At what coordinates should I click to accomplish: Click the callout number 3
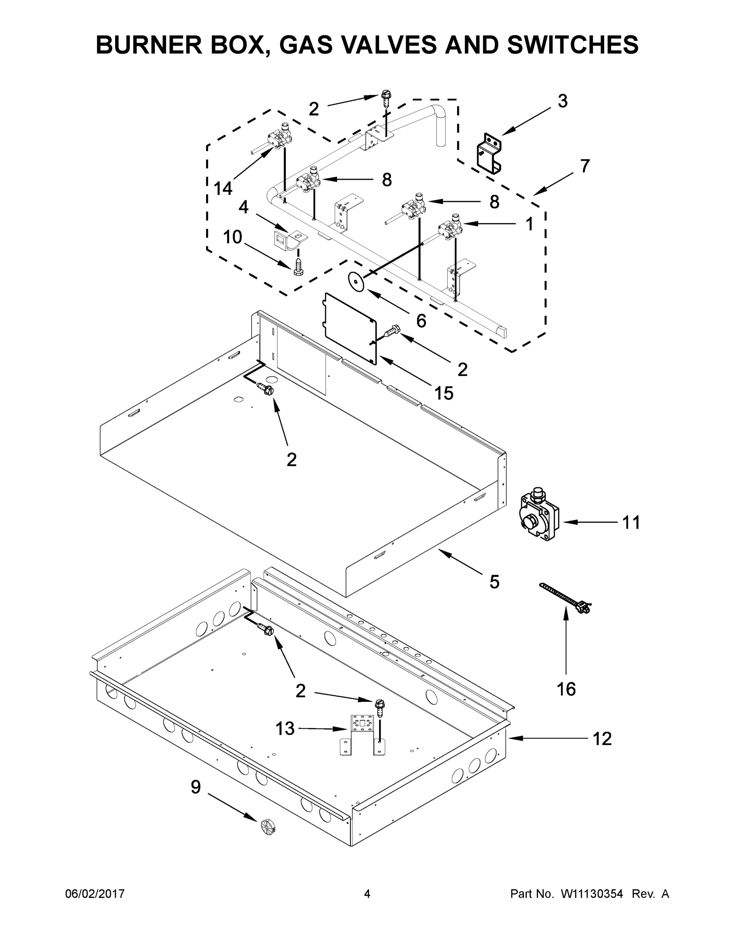click(x=562, y=101)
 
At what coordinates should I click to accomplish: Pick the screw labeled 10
click(x=298, y=266)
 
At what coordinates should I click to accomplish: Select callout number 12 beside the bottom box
click(x=602, y=739)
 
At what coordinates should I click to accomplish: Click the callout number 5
click(x=494, y=582)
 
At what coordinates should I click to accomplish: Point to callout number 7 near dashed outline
click(x=584, y=166)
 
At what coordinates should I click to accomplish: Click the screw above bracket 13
click(x=379, y=707)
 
